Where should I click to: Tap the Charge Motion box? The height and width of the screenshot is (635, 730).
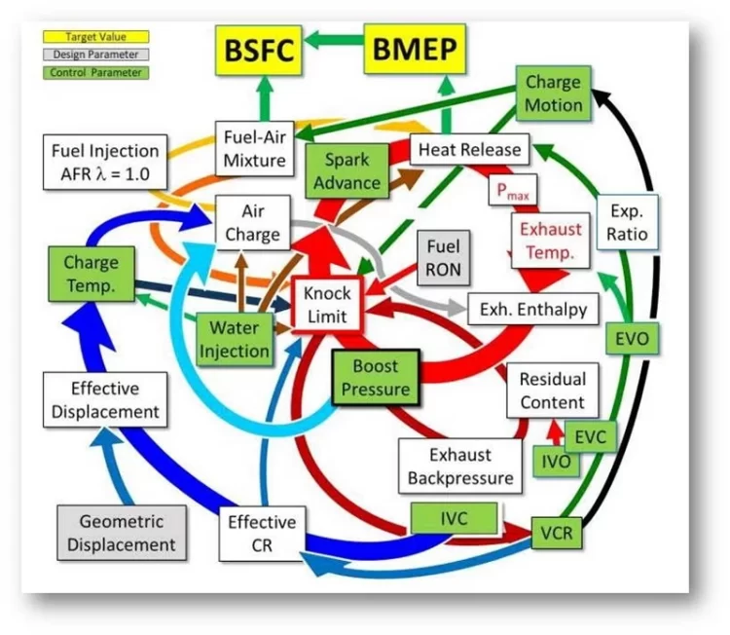click(x=554, y=93)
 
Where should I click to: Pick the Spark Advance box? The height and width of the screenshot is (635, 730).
click(x=352, y=171)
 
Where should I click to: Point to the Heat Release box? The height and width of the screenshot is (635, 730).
click(x=470, y=150)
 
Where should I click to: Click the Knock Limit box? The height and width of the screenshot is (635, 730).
click(x=328, y=303)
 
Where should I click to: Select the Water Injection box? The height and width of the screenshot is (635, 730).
click(x=235, y=338)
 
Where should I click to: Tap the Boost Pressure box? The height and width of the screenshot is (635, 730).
click(x=376, y=379)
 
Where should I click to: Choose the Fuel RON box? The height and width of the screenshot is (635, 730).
click(x=441, y=256)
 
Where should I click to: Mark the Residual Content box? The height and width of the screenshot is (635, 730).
click(x=552, y=391)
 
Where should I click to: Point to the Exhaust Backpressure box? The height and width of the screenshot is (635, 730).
click(x=459, y=466)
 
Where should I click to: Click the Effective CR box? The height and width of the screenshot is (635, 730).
click(x=262, y=533)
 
